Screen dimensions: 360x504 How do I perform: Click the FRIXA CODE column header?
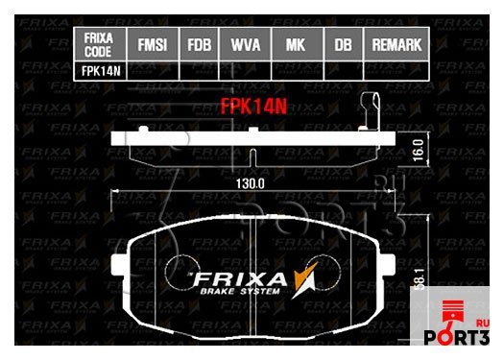pos(99,43)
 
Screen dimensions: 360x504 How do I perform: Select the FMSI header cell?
pos(152,44)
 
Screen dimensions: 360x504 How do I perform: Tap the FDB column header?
pos(200,44)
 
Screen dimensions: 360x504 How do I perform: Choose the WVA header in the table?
pos(247,44)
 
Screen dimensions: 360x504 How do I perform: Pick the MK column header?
pos(297,44)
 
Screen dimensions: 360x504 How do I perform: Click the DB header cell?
pos(343,44)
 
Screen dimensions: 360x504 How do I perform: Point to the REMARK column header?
pos(396,44)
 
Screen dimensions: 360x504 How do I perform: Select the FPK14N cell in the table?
pos(99,70)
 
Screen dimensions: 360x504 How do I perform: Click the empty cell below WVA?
pos(247,70)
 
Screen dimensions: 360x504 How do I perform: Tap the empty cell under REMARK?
pos(396,70)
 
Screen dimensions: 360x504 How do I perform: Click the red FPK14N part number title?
pos(254,108)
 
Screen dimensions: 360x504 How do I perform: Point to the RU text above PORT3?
pos(482,323)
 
